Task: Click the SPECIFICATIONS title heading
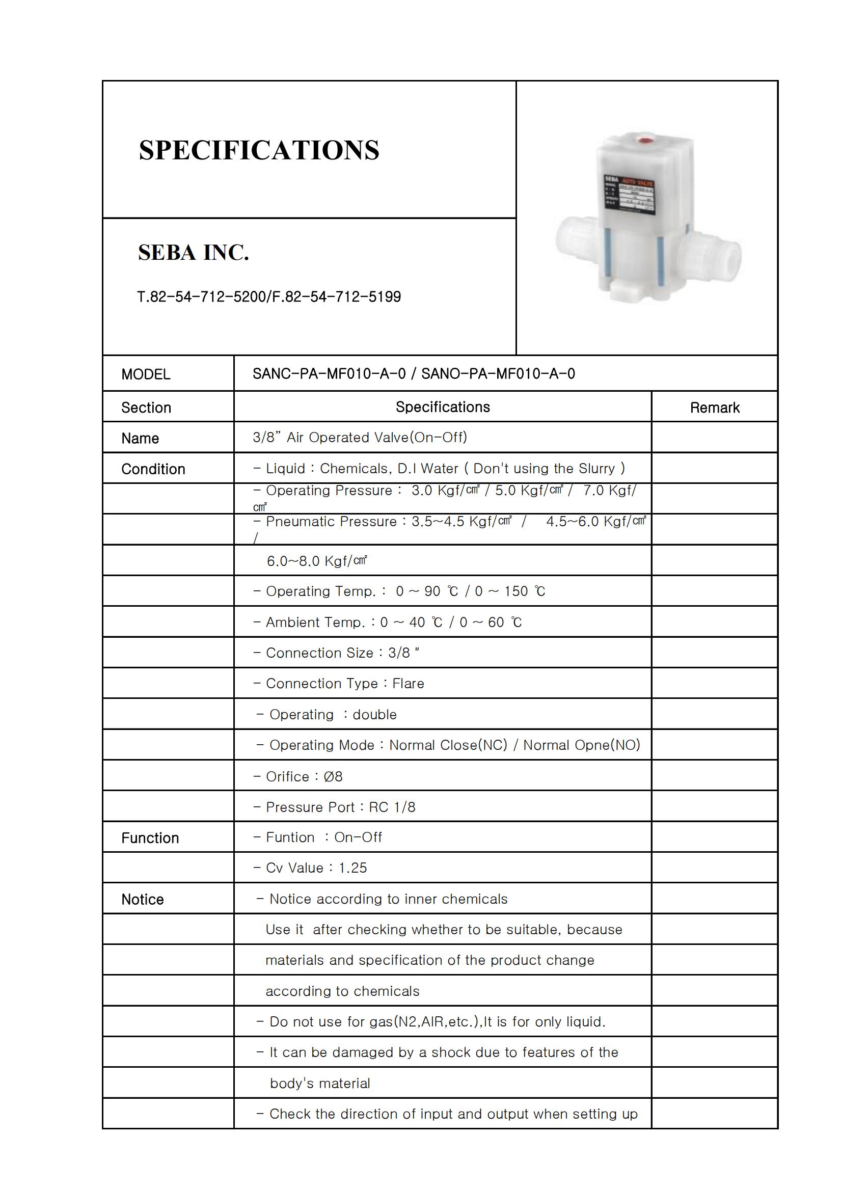point(259,150)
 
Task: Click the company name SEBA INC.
point(194,253)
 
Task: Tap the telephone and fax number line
point(269,297)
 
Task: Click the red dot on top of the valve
point(644,139)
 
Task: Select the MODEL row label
point(146,374)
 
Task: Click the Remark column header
point(714,408)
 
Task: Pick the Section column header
point(146,408)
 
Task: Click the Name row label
point(140,438)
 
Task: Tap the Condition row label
point(153,469)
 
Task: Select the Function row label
point(150,838)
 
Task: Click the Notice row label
point(143,899)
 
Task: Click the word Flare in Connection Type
point(409,684)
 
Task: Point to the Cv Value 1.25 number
point(353,868)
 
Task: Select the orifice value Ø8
point(333,776)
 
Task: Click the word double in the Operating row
point(374,715)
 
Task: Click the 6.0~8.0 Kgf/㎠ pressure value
point(317,561)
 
